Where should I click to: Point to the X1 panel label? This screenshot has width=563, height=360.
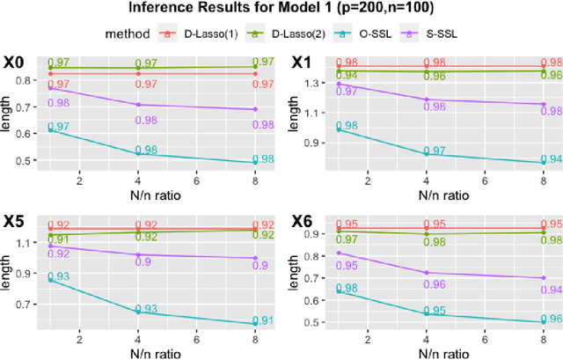[x=303, y=63]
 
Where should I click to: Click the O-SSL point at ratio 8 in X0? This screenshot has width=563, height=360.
[x=255, y=162]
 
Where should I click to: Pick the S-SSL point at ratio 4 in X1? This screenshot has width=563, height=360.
[x=427, y=99]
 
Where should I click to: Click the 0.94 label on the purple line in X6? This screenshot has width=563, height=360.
[x=550, y=290]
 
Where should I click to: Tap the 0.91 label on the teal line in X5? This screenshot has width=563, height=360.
[x=262, y=320]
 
